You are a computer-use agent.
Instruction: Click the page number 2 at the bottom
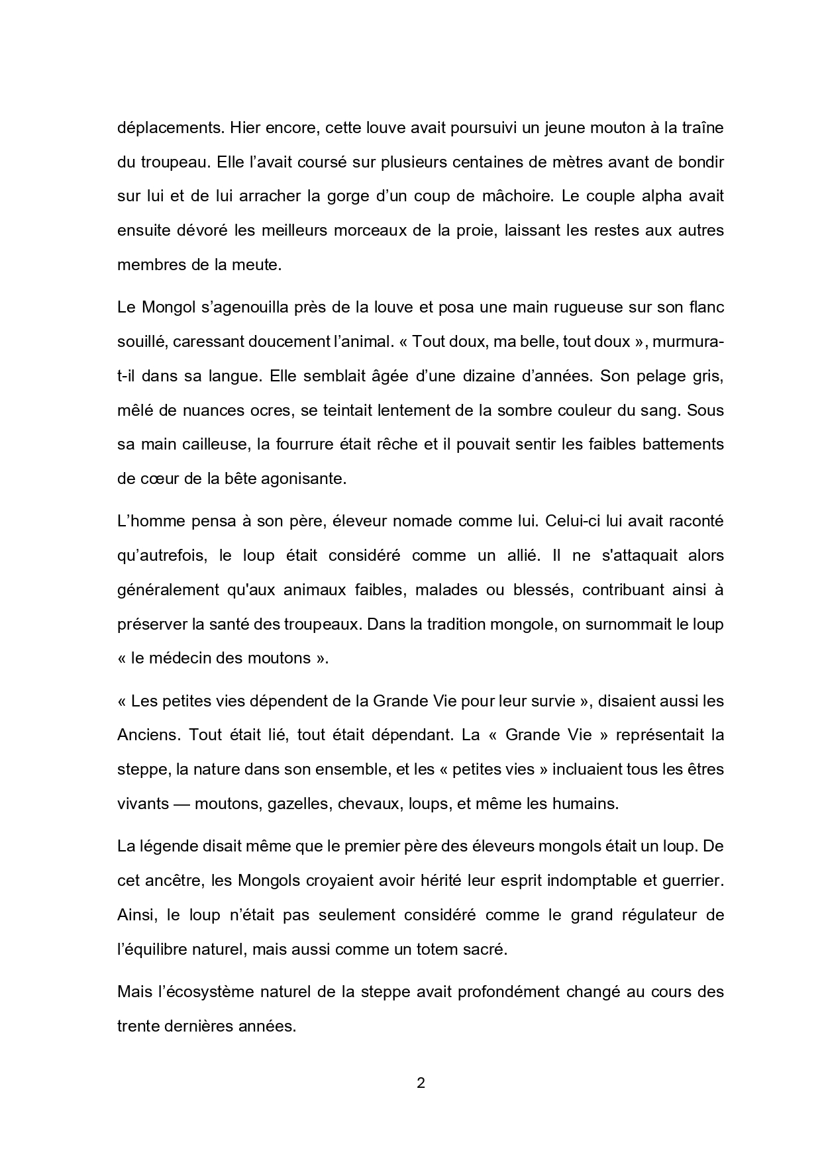pos(420,1084)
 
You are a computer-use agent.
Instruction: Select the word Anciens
pos(149,735)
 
